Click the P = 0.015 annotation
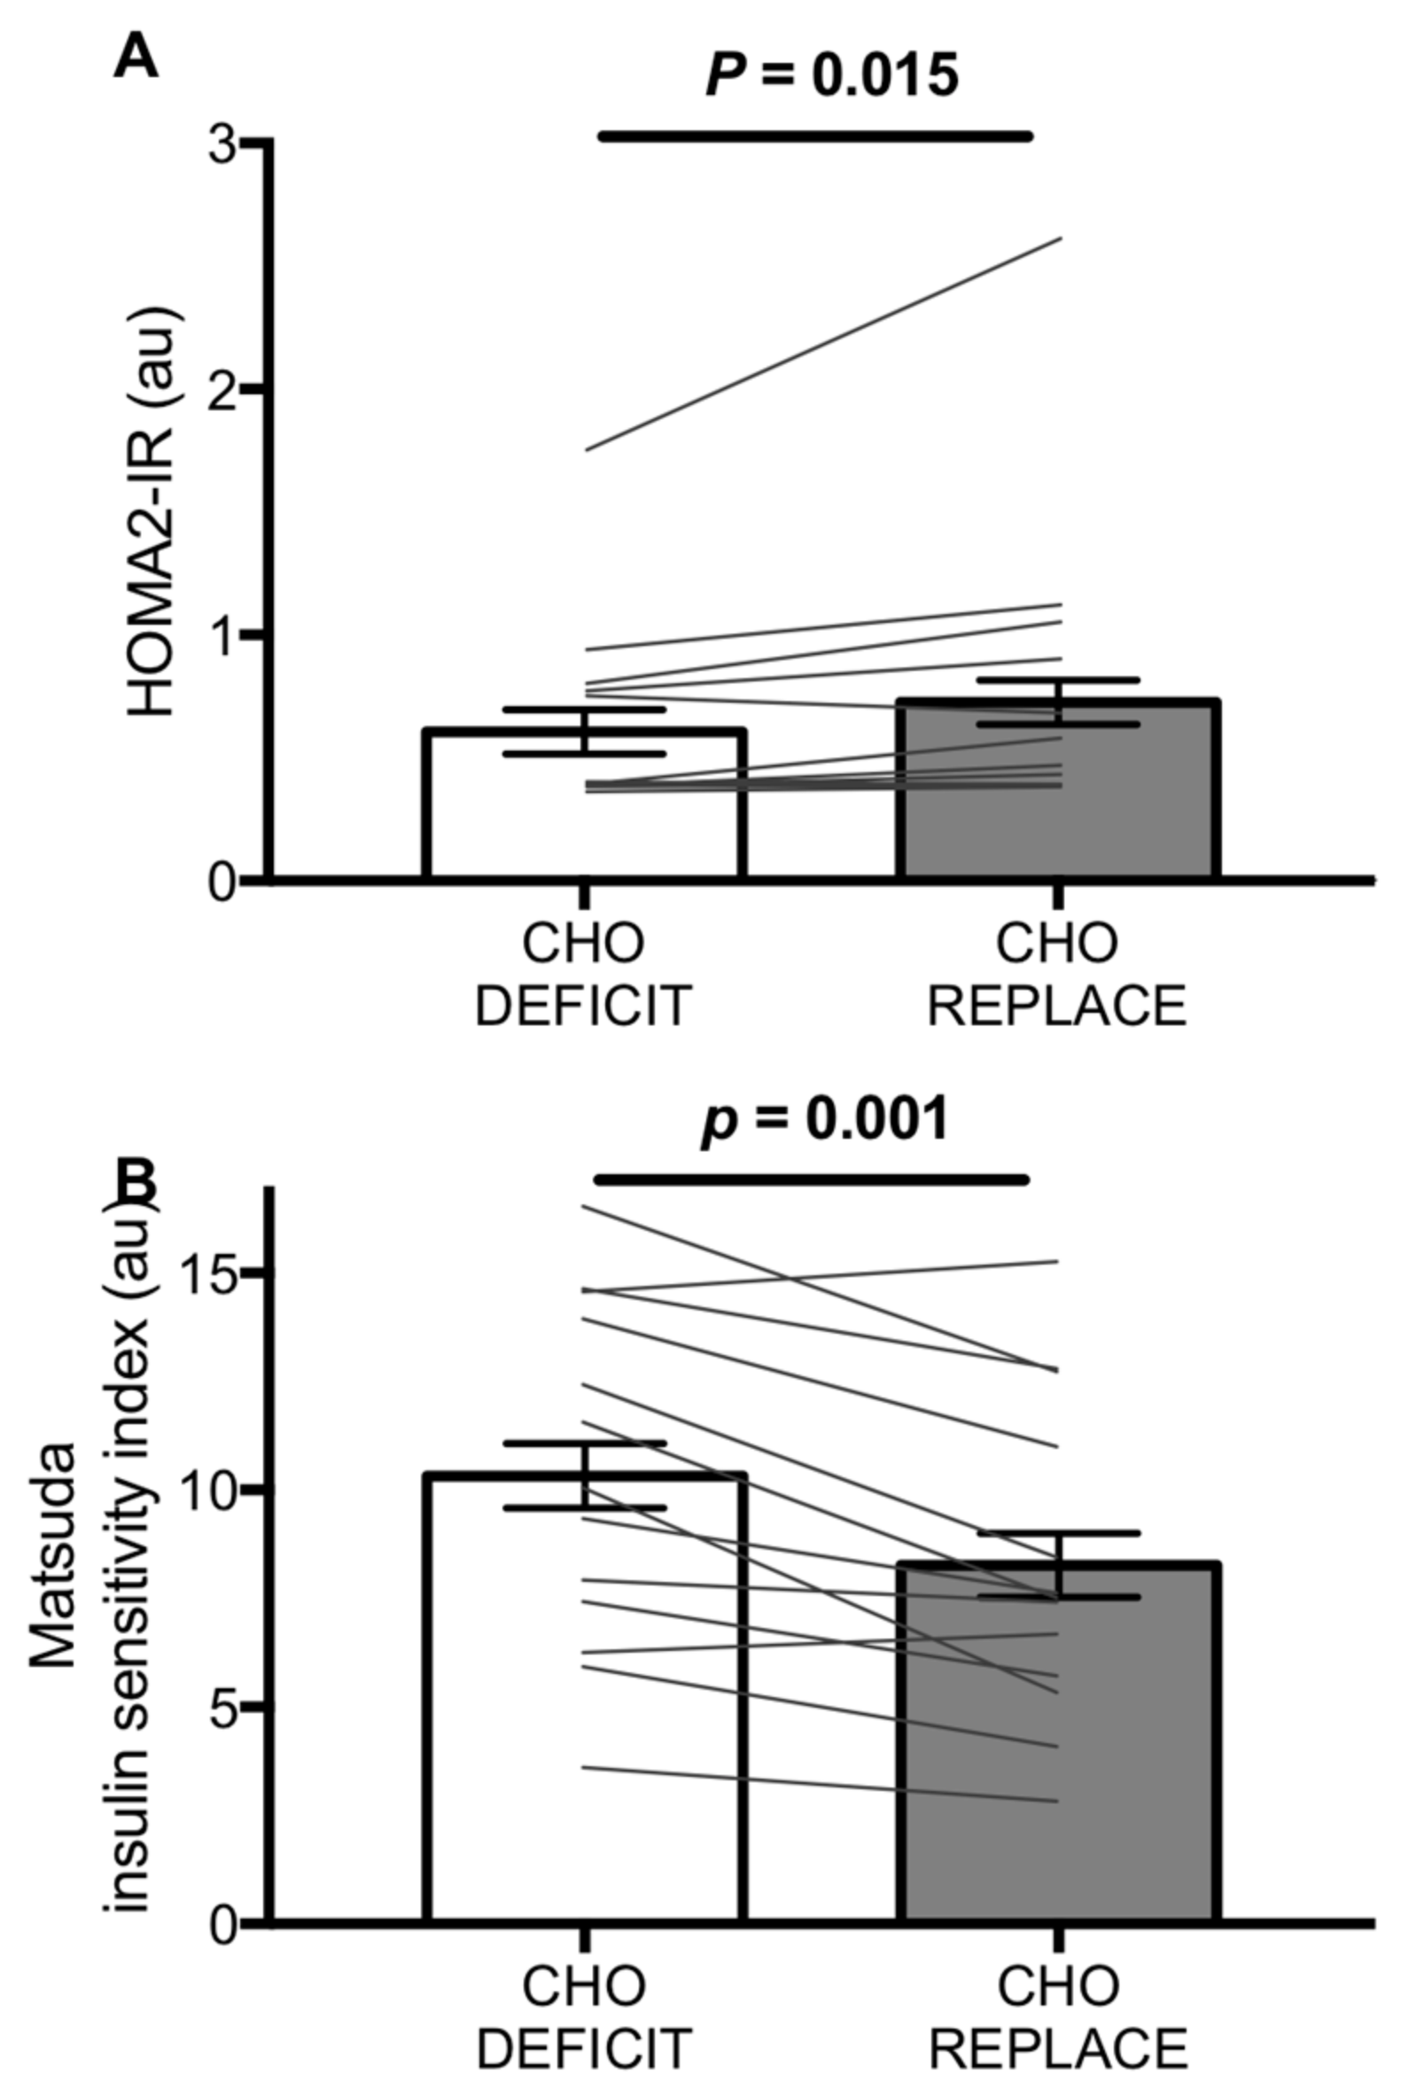pyautogui.click(x=832, y=75)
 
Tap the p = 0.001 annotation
pyautogui.click(x=823, y=1119)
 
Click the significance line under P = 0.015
pyautogui.click(x=815, y=136)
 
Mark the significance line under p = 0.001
pyautogui.click(x=812, y=1180)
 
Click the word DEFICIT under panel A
pyautogui.click(x=583, y=1007)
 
